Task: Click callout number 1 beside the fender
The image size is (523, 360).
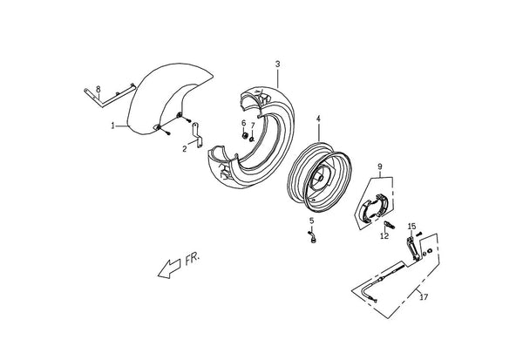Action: point(113,126)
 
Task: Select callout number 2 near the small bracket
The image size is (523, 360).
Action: point(185,149)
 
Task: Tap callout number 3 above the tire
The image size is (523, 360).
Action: point(277,64)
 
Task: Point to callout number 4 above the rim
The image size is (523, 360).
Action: point(318,119)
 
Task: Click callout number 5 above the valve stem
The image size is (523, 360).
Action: point(311,221)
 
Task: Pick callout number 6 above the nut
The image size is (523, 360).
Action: point(243,123)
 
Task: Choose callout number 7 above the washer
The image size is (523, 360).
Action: point(253,126)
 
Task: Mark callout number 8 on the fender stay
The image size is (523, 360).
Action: point(98,89)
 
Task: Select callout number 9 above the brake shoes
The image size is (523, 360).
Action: point(380,166)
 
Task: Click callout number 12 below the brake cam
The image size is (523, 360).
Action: point(384,236)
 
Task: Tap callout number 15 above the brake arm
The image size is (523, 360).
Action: point(412,227)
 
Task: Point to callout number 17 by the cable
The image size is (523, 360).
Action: point(424,296)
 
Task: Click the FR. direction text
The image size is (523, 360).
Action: point(193,259)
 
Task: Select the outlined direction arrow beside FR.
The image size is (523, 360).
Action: point(168,269)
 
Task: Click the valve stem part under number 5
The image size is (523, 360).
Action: point(312,236)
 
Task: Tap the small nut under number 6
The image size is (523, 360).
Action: point(244,135)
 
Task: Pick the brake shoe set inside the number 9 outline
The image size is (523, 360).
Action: point(375,208)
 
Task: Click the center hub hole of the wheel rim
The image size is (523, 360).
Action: point(320,178)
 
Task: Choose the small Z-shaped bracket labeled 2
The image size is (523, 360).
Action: point(197,135)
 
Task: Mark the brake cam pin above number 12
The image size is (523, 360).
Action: point(390,225)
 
